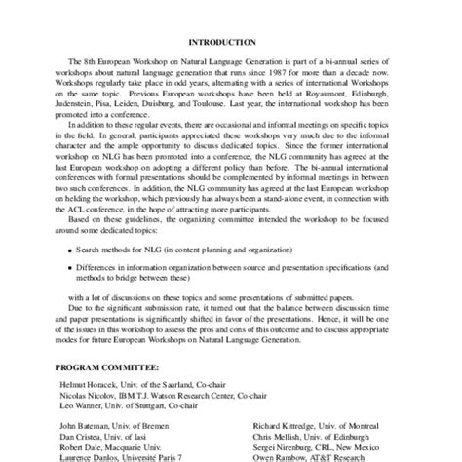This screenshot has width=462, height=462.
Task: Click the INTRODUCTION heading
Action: [231, 42]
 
